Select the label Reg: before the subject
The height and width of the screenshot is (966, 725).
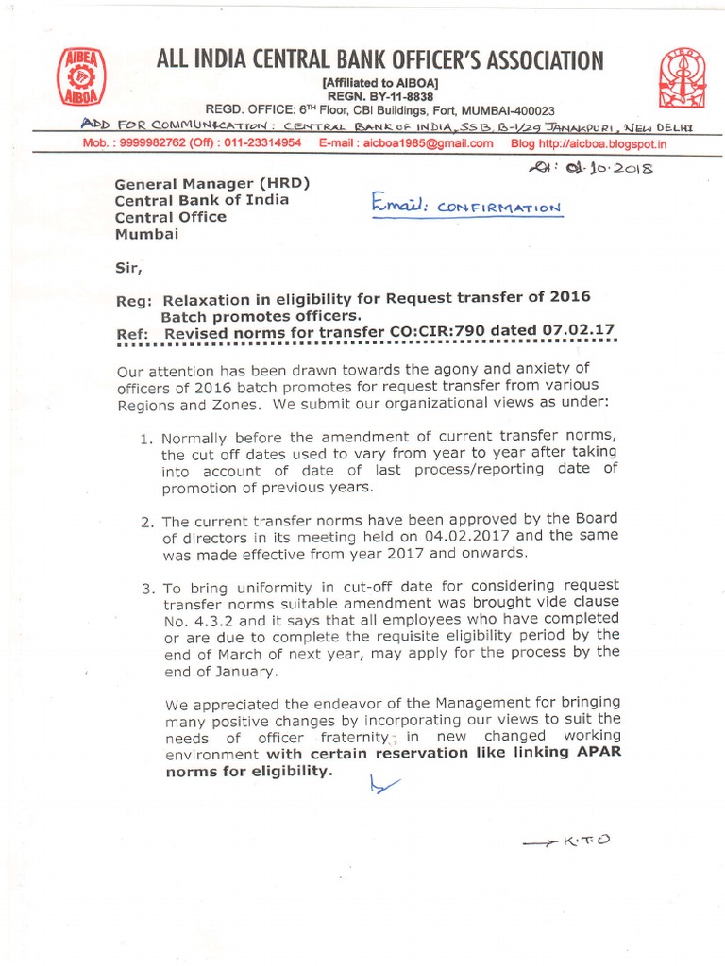131,297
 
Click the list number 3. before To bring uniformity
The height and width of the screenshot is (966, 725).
147,588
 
